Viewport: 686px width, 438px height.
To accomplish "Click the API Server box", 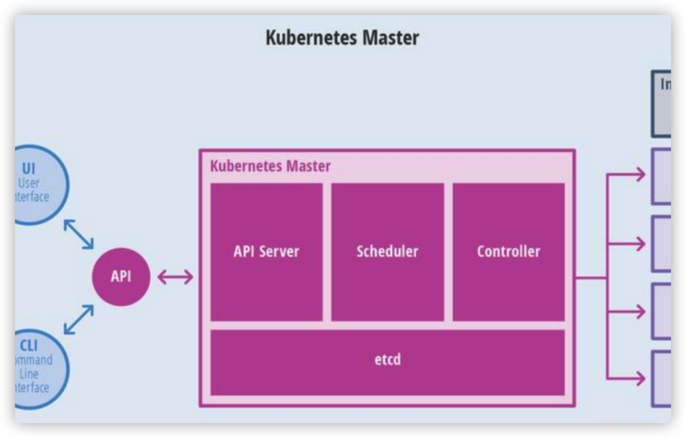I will coord(266,251).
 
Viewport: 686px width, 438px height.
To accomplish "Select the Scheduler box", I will coord(388,251).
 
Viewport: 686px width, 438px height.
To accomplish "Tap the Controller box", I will coord(508,251).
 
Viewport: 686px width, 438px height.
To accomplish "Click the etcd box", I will coord(388,362).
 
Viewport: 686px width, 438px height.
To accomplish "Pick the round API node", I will coord(121,277).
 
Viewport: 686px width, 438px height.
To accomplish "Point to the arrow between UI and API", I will coord(79,234).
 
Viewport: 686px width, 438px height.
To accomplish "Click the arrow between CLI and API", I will coord(79,319).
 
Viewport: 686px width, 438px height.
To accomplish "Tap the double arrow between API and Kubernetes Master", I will coord(175,277).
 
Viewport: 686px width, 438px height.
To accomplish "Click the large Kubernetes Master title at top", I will coord(342,38).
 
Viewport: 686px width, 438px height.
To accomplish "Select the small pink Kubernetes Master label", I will coord(270,166).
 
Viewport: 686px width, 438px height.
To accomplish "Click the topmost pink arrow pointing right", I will coord(626,174).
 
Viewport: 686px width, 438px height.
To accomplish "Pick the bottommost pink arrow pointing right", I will coord(626,379).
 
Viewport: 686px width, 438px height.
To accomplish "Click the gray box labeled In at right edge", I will coord(662,104).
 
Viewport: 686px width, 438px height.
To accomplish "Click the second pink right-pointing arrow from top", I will coord(626,244).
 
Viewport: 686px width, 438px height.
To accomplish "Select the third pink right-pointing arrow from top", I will coord(626,311).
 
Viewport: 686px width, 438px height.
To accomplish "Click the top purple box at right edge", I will coord(662,177).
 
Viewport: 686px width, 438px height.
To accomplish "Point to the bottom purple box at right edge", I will coord(662,379).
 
